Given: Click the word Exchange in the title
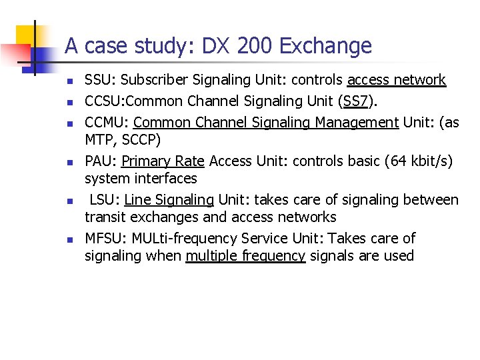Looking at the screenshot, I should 326,47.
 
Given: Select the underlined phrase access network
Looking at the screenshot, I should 396,81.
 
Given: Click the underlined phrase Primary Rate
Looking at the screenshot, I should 163,161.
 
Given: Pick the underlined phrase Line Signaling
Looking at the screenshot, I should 169,200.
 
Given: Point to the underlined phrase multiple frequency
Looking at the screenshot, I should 245,256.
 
